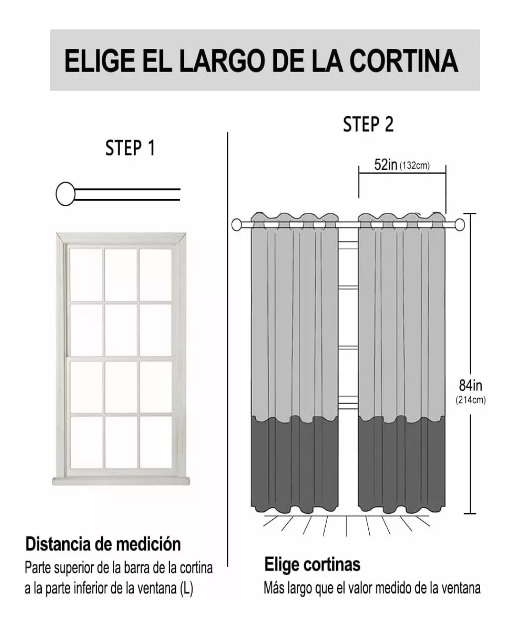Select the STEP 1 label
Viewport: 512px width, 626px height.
click(x=130, y=148)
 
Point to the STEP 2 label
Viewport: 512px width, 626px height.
click(x=368, y=124)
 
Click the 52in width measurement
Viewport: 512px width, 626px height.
click(x=385, y=165)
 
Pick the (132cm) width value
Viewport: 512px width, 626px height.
click(x=414, y=166)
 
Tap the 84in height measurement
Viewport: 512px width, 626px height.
click(x=470, y=385)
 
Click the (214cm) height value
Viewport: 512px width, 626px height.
click(x=471, y=400)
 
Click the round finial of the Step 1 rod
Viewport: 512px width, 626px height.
click(x=65, y=193)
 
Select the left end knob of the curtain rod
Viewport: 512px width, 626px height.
click(x=237, y=224)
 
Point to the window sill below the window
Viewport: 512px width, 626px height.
click(x=121, y=481)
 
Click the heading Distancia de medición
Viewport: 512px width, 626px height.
click(x=103, y=544)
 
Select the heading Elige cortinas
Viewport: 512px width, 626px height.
click(x=312, y=564)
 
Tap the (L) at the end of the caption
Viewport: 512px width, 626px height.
click(x=186, y=589)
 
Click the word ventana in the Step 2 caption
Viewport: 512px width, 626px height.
click(x=461, y=588)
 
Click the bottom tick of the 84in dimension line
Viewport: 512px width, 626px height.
click(x=469, y=513)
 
